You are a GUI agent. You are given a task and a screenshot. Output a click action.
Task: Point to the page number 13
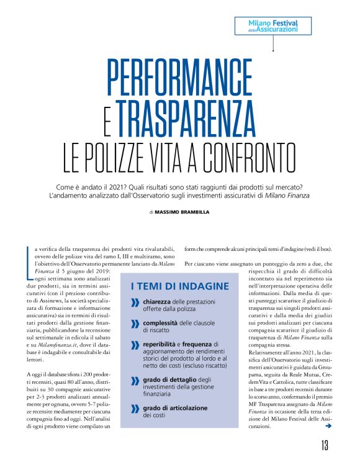click(325, 445)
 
